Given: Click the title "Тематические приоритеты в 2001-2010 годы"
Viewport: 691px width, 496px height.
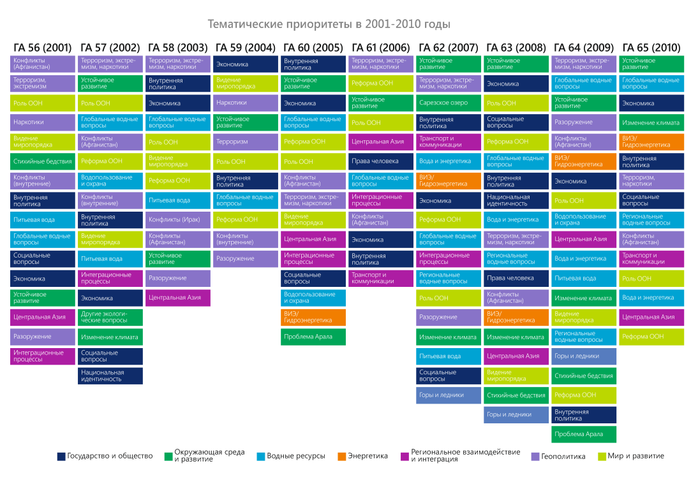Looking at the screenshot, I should click(329, 24).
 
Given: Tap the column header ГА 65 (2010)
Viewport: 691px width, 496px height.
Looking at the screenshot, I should click(651, 48).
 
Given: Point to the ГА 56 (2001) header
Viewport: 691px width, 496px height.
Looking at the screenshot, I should click(43, 48).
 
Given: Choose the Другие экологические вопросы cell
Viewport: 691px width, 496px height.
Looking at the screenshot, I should click(110, 317).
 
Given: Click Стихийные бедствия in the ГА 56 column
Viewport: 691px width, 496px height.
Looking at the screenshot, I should click(43, 161).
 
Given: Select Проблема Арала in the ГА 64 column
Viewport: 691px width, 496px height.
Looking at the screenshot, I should click(584, 434).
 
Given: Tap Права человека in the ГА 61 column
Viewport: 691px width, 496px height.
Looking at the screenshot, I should click(381, 161).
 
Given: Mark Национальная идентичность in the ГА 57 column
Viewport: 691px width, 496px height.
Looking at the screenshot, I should click(110, 376).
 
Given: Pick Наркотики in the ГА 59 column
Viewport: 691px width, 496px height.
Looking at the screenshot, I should click(245, 103).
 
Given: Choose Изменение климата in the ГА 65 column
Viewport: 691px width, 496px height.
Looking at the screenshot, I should click(651, 122).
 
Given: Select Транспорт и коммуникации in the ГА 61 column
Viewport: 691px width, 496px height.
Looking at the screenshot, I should click(381, 279).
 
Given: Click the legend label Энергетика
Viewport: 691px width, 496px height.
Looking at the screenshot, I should click(368, 456).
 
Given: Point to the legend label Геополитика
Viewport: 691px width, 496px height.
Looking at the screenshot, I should click(563, 456).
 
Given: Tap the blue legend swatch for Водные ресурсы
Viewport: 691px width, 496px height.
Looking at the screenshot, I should click(260, 456).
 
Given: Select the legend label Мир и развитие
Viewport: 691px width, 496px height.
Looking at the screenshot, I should click(635, 456).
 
